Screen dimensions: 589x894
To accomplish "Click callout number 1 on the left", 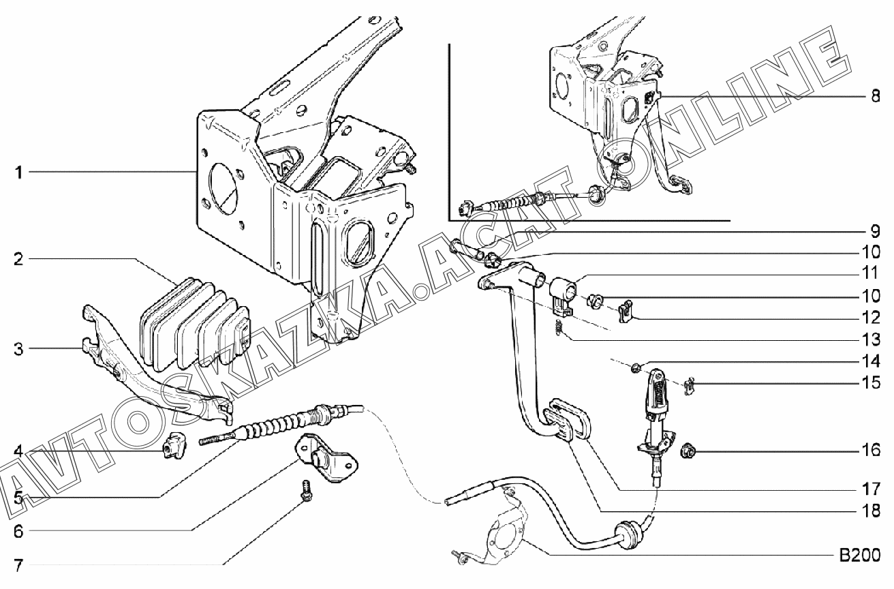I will [20, 173].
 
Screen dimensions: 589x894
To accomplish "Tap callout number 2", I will [20, 260].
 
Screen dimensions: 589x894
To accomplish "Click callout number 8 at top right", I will [874, 97].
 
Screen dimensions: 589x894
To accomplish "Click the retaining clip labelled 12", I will [626, 310].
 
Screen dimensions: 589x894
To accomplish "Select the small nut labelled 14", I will [634, 369].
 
